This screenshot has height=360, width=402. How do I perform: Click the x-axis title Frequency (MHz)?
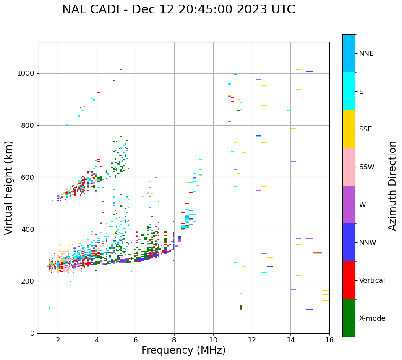coord(183,350)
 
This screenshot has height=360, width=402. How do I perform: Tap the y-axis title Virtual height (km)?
coord(9,188)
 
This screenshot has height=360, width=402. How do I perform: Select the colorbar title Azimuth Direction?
coord(392,186)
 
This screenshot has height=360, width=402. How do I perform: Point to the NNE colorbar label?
coord(366,54)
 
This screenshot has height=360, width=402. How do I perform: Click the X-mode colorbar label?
coord(372,318)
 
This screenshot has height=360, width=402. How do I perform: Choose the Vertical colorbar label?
coord(372,281)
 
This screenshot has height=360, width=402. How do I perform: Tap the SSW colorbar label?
coord(367,167)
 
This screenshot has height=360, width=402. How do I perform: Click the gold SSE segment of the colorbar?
coord(349,129)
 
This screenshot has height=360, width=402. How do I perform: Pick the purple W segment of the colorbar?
coord(349,205)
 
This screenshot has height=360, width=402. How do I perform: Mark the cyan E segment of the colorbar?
coord(349,91)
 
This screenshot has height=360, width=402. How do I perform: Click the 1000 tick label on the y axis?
coord(26,74)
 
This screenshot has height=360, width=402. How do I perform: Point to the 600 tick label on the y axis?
coord(28,177)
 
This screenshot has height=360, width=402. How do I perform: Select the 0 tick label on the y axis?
coord(32,333)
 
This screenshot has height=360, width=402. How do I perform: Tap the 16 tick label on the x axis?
coord(329,340)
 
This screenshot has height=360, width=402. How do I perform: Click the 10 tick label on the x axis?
coord(213,340)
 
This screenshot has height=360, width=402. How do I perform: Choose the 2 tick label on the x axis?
coord(58,340)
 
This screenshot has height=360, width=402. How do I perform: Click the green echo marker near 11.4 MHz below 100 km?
coord(241,308)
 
